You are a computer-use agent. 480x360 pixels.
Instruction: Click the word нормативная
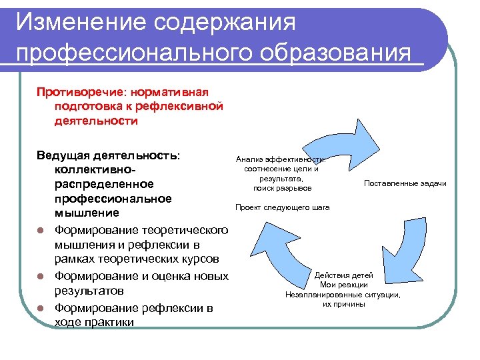(170, 91)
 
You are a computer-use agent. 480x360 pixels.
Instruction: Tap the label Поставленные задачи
(405, 183)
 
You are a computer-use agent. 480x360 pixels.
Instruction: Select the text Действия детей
(343, 275)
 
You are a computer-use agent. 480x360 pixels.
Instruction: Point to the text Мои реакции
(343, 285)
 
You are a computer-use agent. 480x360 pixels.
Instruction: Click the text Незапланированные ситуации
(343, 294)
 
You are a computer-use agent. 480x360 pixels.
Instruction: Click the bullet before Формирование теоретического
(40, 231)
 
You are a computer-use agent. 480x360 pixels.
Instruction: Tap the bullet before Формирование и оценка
(40, 276)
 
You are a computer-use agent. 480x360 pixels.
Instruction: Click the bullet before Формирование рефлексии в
(40, 308)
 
